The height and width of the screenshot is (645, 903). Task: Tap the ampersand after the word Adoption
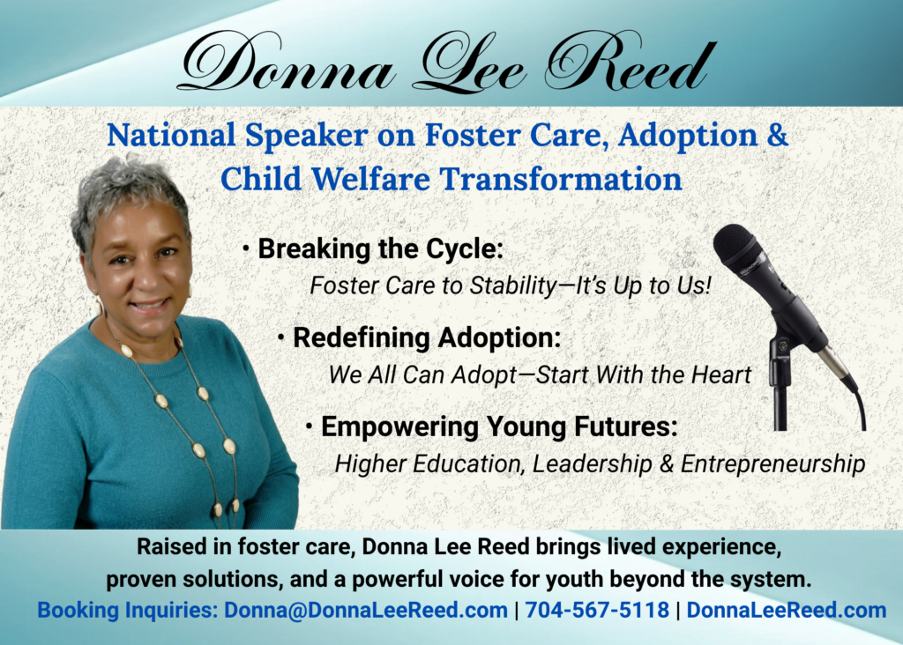point(778,135)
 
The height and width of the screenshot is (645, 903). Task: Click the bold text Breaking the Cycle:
point(381,249)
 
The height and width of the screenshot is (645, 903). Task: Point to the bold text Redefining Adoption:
point(427,337)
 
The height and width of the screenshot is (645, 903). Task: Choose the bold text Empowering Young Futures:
point(499,427)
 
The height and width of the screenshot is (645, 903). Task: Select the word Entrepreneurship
point(772,464)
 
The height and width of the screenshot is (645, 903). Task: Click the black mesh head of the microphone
point(740,248)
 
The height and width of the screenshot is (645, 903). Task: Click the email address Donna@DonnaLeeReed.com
point(366,610)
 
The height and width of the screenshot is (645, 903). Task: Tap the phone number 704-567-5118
point(597,610)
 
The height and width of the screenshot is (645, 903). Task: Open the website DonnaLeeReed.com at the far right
point(787,610)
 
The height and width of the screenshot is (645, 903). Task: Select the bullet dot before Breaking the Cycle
point(246,249)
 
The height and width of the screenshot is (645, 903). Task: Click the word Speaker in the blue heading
point(306,136)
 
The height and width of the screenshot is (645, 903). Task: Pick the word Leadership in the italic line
point(592,464)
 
